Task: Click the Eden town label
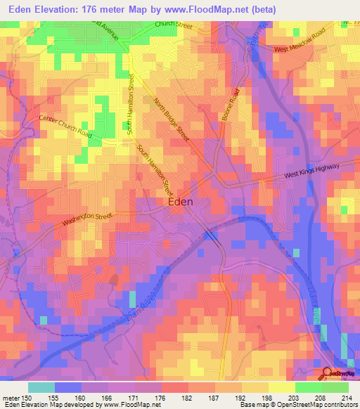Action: pos(181,201)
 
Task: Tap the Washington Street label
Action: pos(87,220)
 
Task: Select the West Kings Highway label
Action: pos(311,171)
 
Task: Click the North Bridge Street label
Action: pos(172,119)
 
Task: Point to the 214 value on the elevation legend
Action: pos(349,396)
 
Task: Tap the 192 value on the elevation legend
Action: pos(243,396)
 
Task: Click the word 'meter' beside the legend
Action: pos(12,396)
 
